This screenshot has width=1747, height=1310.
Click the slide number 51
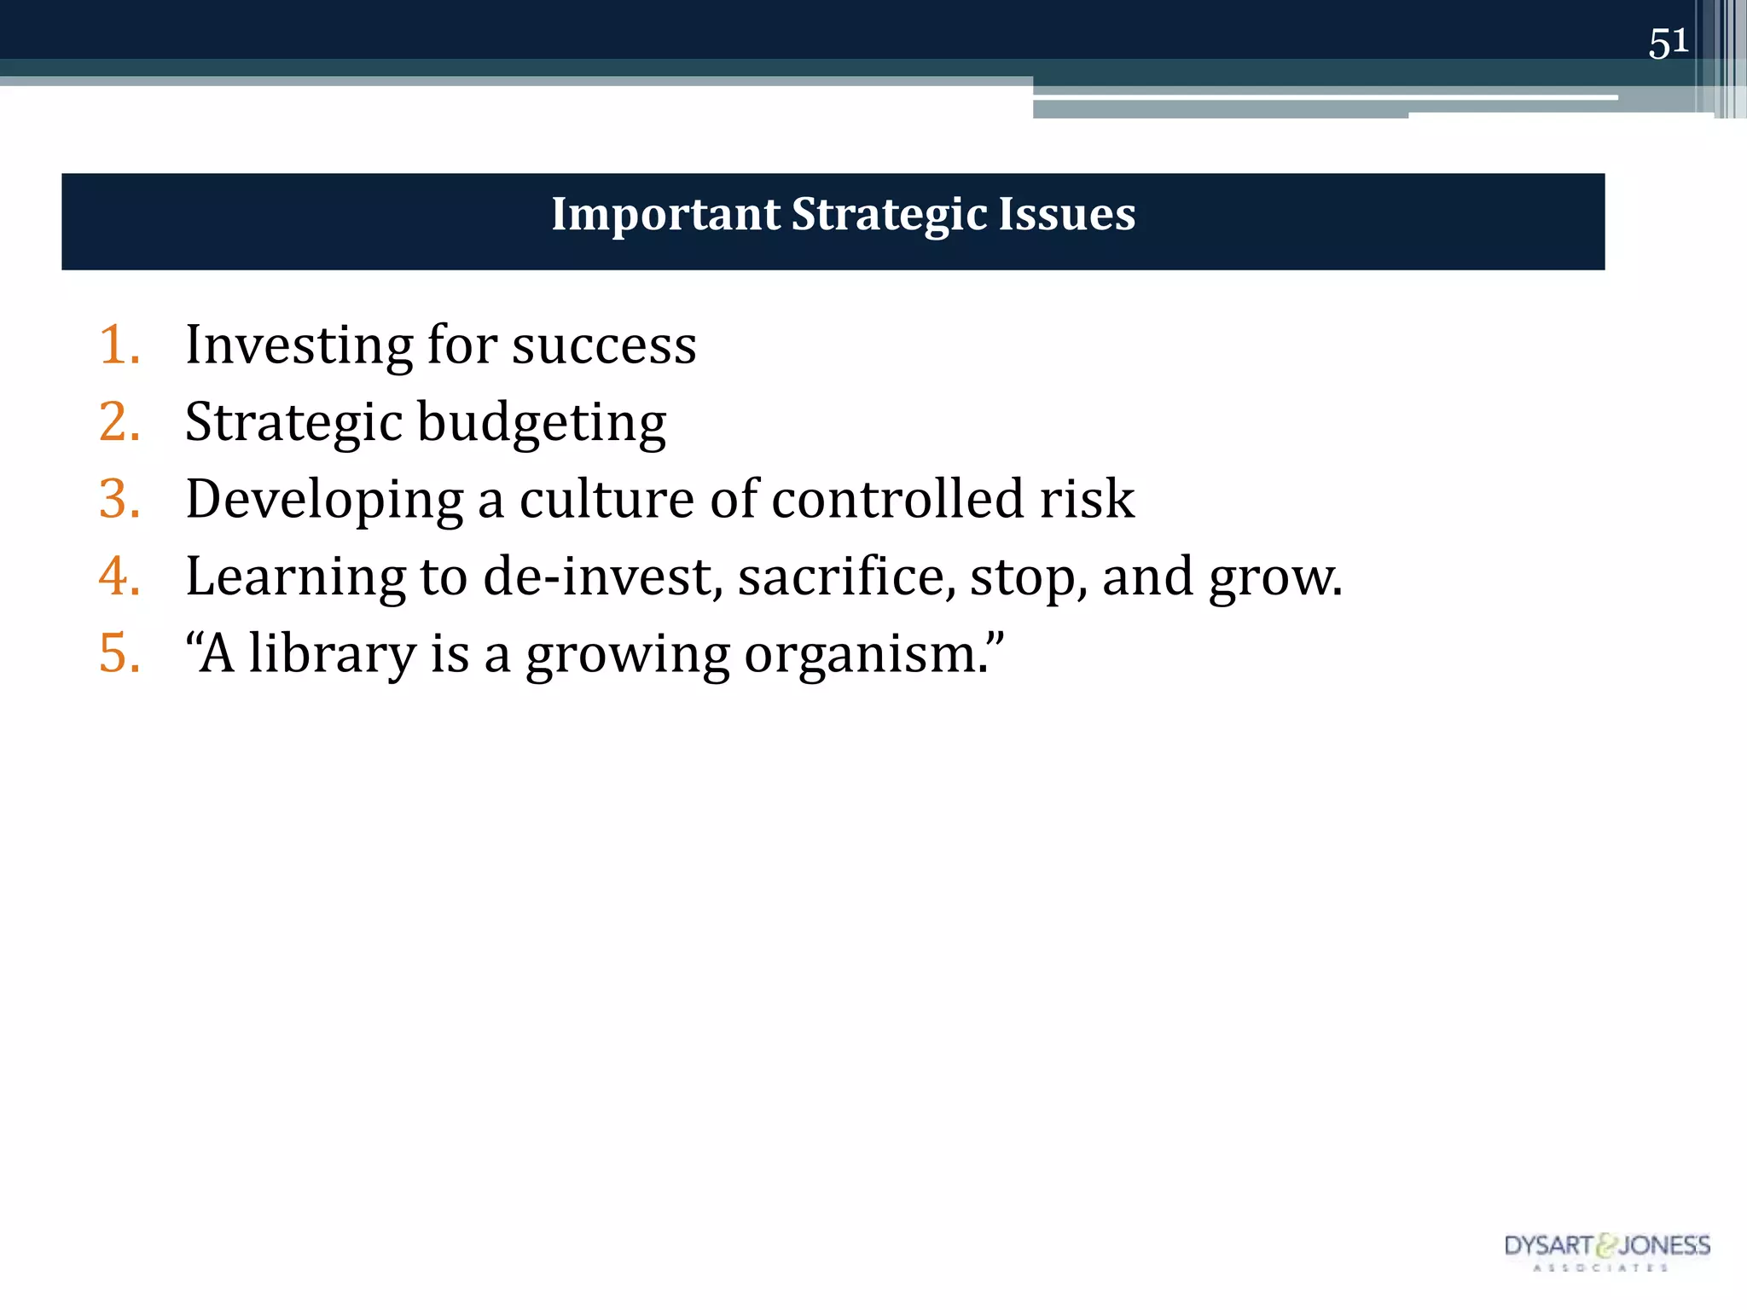coord(1668,43)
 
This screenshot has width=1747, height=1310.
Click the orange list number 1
coord(119,345)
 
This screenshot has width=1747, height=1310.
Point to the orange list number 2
coord(119,422)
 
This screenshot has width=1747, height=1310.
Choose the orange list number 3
coord(119,499)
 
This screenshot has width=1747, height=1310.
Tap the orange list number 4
coord(119,577)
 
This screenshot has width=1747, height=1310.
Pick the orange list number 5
coord(119,654)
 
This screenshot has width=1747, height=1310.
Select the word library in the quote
coord(333,655)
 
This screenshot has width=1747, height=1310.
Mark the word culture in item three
coord(607,499)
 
